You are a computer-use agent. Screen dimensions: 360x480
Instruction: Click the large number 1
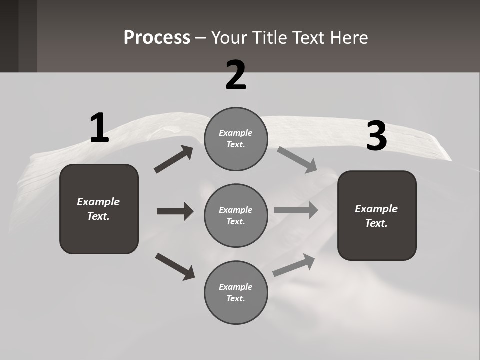pyautogui.click(x=99, y=128)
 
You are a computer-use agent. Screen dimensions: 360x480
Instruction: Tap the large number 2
pyautogui.click(x=236, y=75)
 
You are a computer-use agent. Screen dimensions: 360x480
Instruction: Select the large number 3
pyautogui.click(x=376, y=136)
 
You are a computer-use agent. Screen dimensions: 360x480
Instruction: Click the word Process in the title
pyautogui.click(x=157, y=37)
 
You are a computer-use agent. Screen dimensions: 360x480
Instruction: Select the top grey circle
pyautogui.click(x=236, y=139)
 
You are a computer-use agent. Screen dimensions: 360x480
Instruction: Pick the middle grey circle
pyautogui.click(x=236, y=215)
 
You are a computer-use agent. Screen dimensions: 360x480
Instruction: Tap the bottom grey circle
pyautogui.click(x=236, y=292)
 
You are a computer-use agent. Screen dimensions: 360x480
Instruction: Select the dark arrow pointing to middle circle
pyautogui.click(x=175, y=211)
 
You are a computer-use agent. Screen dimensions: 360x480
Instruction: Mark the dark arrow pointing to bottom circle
pyautogui.click(x=175, y=266)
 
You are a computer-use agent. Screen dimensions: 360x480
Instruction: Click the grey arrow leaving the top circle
pyautogui.click(x=297, y=159)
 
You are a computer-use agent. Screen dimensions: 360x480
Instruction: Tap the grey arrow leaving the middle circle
pyautogui.click(x=296, y=210)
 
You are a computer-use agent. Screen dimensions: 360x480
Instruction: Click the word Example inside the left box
pyautogui.click(x=98, y=202)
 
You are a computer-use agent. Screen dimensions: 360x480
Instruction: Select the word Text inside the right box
pyautogui.click(x=376, y=223)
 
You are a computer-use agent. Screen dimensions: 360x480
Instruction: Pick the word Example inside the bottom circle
pyautogui.click(x=235, y=287)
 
